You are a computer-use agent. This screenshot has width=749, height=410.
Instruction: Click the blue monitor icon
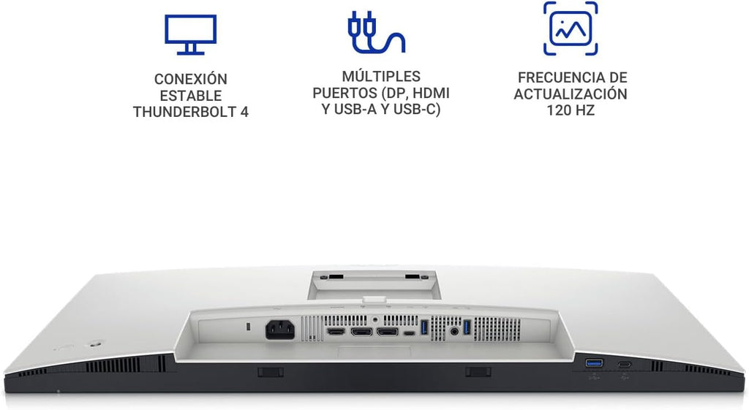(x=191, y=29)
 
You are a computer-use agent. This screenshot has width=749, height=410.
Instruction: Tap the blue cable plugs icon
(x=376, y=32)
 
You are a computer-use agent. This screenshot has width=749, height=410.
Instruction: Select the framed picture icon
(x=571, y=29)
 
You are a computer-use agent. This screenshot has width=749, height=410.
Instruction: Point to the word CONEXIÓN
(x=191, y=79)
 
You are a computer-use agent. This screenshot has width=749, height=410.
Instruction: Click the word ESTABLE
(x=191, y=96)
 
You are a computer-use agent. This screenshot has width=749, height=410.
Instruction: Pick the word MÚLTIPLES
(x=381, y=76)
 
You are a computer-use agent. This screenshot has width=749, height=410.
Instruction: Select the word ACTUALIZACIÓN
(x=571, y=94)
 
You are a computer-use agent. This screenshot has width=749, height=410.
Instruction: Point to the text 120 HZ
(x=571, y=111)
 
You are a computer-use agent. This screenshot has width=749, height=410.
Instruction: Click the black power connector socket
(x=280, y=330)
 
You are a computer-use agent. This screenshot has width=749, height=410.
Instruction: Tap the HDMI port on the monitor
(x=335, y=331)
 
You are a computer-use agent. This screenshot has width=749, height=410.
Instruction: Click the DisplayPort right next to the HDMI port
(x=361, y=331)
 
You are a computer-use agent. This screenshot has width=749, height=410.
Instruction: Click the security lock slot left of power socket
(x=247, y=327)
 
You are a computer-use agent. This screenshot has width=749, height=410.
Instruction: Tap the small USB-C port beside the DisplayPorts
(x=410, y=333)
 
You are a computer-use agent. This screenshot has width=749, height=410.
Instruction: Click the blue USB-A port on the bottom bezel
(x=594, y=364)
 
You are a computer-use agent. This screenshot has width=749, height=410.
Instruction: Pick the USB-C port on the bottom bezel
(x=625, y=365)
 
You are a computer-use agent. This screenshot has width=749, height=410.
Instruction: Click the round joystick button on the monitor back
(x=97, y=343)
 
